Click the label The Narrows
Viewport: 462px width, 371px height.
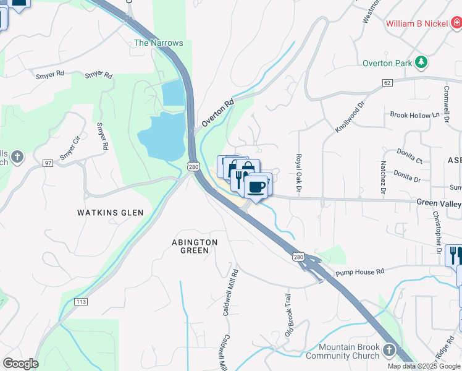coord(159,43)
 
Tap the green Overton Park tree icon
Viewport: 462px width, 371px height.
coord(421,62)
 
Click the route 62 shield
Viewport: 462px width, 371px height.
coord(387,82)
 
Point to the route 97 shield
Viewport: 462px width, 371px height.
coord(48,163)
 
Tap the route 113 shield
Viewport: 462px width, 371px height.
coord(80,301)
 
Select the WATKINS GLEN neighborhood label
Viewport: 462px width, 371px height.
coord(110,213)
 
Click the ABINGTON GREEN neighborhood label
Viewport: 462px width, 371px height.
coord(195,246)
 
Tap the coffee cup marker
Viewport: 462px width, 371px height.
coord(256,185)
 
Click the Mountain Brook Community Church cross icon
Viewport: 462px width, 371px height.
coord(388,350)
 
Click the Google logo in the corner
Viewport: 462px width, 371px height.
coord(20,364)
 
